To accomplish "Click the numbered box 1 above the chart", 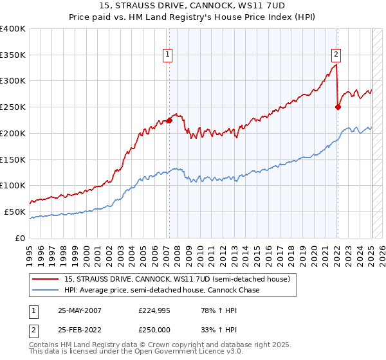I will click(167, 55).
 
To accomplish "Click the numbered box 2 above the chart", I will click(336, 55).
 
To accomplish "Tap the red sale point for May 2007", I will click(170, 120).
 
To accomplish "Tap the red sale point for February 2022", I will click(338, 107).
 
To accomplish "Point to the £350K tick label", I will click(13, 55).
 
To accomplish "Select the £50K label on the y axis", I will click(15, 212).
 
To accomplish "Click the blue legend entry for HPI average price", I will click(161, 291).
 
